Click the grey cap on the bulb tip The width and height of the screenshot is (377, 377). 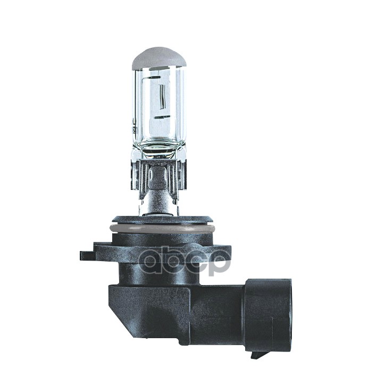point(158,58)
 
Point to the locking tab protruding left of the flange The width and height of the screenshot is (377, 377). point(87,255)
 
